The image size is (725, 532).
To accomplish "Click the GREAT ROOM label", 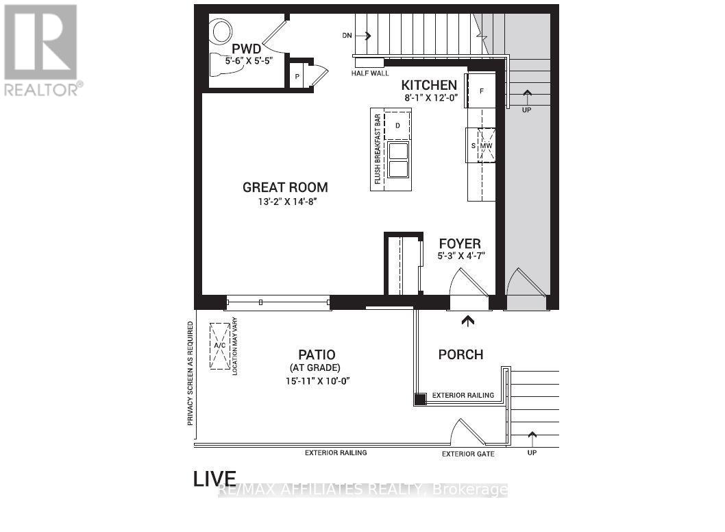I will click(285, 187).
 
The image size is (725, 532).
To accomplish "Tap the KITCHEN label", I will click(429, 85).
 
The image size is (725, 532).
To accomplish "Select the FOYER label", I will click(459, 243).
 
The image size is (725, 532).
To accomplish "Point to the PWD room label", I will click(247, 49).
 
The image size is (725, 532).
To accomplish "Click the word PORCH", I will click(460, 354).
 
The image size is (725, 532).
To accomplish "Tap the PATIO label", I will click(317, 354).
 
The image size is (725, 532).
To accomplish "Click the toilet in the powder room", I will click(221, 31).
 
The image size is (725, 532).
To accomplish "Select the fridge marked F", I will click(482, 91).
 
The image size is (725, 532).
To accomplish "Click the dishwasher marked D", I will click(397, 125).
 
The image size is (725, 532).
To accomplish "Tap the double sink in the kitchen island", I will click(398, 159).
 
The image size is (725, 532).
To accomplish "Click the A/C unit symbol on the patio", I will click(220, 346).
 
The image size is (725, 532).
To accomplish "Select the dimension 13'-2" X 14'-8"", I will click(285, 202).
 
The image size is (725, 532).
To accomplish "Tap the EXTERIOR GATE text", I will click(468, 454).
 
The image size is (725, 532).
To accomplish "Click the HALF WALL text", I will click(370, 73).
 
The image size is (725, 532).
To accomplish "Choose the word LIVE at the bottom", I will click(215, 479).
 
